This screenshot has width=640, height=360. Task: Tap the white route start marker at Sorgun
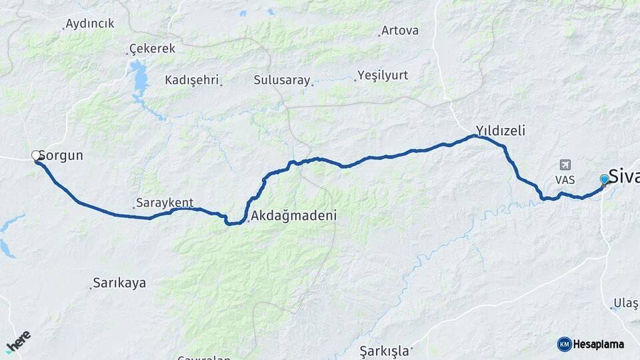36,156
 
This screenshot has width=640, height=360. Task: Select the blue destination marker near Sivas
604,179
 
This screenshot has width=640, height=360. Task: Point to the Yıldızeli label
500,131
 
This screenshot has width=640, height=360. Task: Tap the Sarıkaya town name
119,283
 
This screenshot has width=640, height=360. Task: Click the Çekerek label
152,49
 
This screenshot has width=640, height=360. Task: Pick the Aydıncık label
90,24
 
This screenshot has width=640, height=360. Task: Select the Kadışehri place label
192,80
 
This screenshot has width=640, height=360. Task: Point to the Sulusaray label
282,80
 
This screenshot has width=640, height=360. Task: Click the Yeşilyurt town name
383,75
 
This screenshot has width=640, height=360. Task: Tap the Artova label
399,31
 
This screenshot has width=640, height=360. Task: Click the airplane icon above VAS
565,165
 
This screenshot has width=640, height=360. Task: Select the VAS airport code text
565,180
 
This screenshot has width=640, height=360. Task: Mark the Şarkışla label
383,350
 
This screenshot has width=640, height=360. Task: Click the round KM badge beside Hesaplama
564,344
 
